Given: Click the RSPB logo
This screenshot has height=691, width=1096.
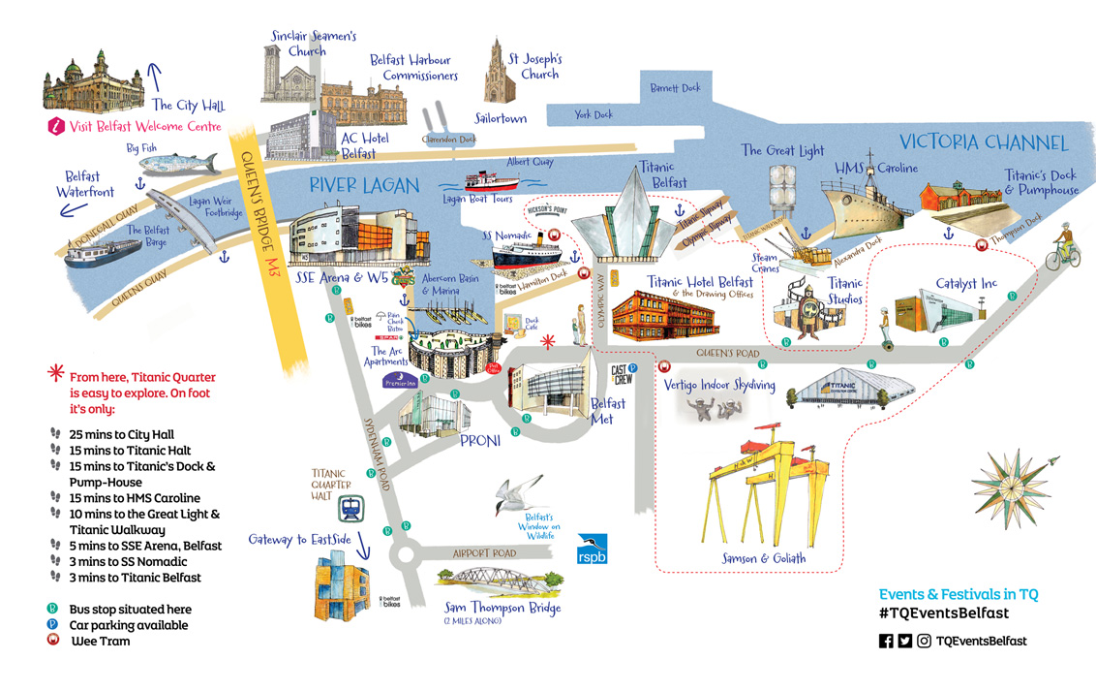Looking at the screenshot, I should click(x=592, y=549).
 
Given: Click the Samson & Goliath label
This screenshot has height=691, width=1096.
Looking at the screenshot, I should click(x=763, y=559).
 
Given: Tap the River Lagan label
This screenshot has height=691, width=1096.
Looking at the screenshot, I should click(x=364, y=185).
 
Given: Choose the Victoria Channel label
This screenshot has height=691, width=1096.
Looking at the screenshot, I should click(x=984, y=143).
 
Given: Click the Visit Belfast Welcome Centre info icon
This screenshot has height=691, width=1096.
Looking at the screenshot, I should click(x=56, y=126).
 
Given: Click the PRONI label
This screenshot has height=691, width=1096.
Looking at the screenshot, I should click(x=480, y=442).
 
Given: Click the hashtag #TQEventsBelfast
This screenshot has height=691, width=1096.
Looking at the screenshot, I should click(x=944, y=613).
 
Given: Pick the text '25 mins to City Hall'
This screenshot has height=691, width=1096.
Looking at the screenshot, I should click(x=121, y=435).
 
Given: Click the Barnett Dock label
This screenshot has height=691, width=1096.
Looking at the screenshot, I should click(x=675, y=88).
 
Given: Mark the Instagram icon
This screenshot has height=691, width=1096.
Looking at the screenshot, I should click(x=925, y=641).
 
